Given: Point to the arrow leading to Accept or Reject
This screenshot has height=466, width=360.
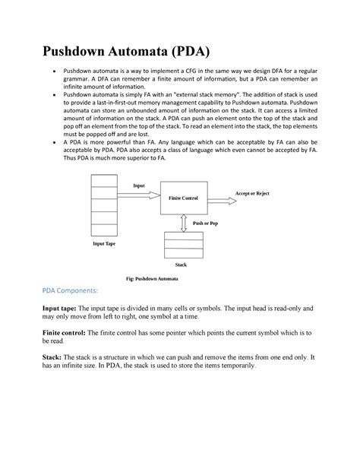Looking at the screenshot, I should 220,201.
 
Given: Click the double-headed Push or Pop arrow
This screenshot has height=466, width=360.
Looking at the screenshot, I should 183,222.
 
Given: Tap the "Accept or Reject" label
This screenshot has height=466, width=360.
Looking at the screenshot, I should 252,194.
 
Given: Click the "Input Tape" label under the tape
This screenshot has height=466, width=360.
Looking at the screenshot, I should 104,244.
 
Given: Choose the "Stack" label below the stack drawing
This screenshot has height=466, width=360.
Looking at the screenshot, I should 181,265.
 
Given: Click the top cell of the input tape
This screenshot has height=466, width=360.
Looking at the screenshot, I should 103,181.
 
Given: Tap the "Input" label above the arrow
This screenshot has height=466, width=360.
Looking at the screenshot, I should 139,185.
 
